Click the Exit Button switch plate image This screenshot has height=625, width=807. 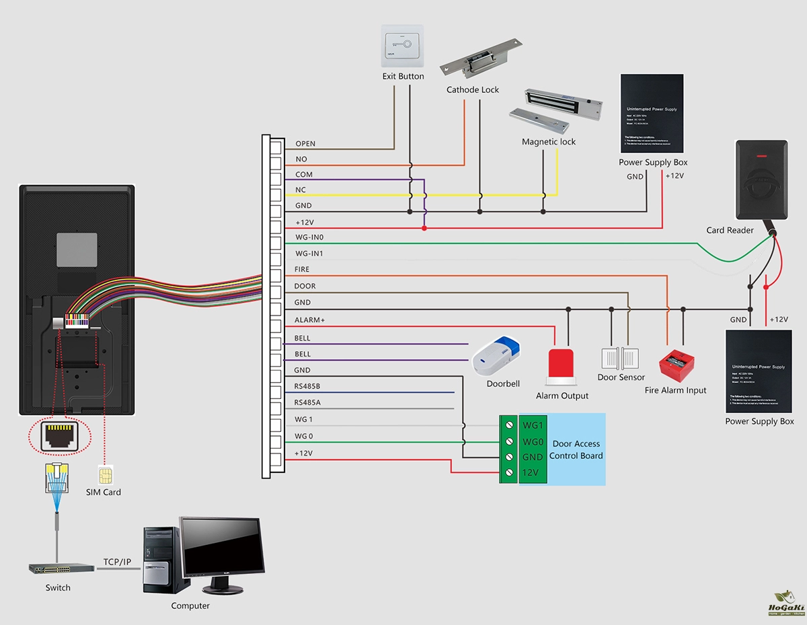(x=402, y=46)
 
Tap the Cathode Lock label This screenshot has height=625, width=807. (x=473, y=90)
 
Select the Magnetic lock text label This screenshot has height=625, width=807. (x=549, y=142)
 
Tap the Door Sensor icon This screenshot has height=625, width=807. (x=622, y=358)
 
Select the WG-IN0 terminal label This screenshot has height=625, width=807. (x=309, y=237)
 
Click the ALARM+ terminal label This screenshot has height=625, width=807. (x=309, y=320)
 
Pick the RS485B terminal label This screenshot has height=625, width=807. (x=307, y=387)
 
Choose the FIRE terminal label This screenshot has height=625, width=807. (x=302, y=270)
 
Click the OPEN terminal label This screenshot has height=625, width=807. (x=305, y=144)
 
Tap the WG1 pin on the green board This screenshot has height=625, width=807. (x=533, y=426)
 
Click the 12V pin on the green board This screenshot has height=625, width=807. (x=531, y=473)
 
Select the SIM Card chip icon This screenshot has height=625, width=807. (x=104, y=476)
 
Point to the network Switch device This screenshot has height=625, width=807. (x=61, y=568)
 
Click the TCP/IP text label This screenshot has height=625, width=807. (x=117, y=562)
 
